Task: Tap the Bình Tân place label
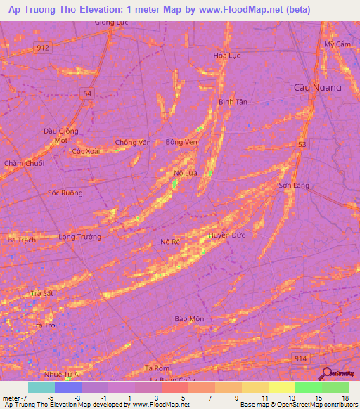[x=233, y=102]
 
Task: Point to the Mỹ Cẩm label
[x=337, y=44]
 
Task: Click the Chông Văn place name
[x=133, y=142]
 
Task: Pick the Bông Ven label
[x=181, y=142]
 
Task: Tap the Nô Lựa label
[x=184, y=172]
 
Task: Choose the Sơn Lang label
[x=294, y=186]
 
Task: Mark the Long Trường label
[x=79, y=237]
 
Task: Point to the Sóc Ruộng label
[x=65, y=193]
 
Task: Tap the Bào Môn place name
[x=189, y=319]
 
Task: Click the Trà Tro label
[x=44, y=325]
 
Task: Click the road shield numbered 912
[x=44, y=47]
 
